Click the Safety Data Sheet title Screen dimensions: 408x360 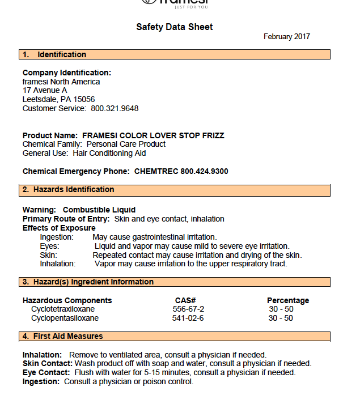[175, 27]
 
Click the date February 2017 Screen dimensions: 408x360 [286, 37]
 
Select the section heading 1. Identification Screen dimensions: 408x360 [54, 54]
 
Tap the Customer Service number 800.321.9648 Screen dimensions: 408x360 [115, 108]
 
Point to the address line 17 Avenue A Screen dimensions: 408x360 [45, 91]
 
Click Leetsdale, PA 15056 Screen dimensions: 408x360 [59, 99]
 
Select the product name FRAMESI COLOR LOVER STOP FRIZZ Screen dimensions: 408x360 [153, 135]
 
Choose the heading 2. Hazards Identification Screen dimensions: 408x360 [69, 189]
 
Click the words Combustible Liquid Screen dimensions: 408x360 [99, 210]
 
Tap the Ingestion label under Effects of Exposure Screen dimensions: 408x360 [57, 237]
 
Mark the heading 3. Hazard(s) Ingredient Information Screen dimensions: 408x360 [88, 282]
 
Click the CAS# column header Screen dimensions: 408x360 [185, 300]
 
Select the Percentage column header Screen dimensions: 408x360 [288, 300]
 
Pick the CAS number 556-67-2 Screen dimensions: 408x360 [188, 309]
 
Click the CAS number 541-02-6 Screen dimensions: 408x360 [188, 318]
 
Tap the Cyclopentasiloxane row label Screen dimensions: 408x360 [65, 318]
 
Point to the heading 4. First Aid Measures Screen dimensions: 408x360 [63, 336]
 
